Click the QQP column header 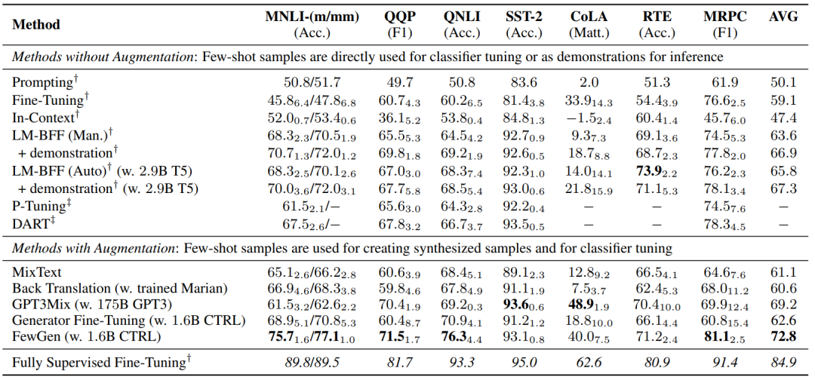399,17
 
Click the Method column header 36,23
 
